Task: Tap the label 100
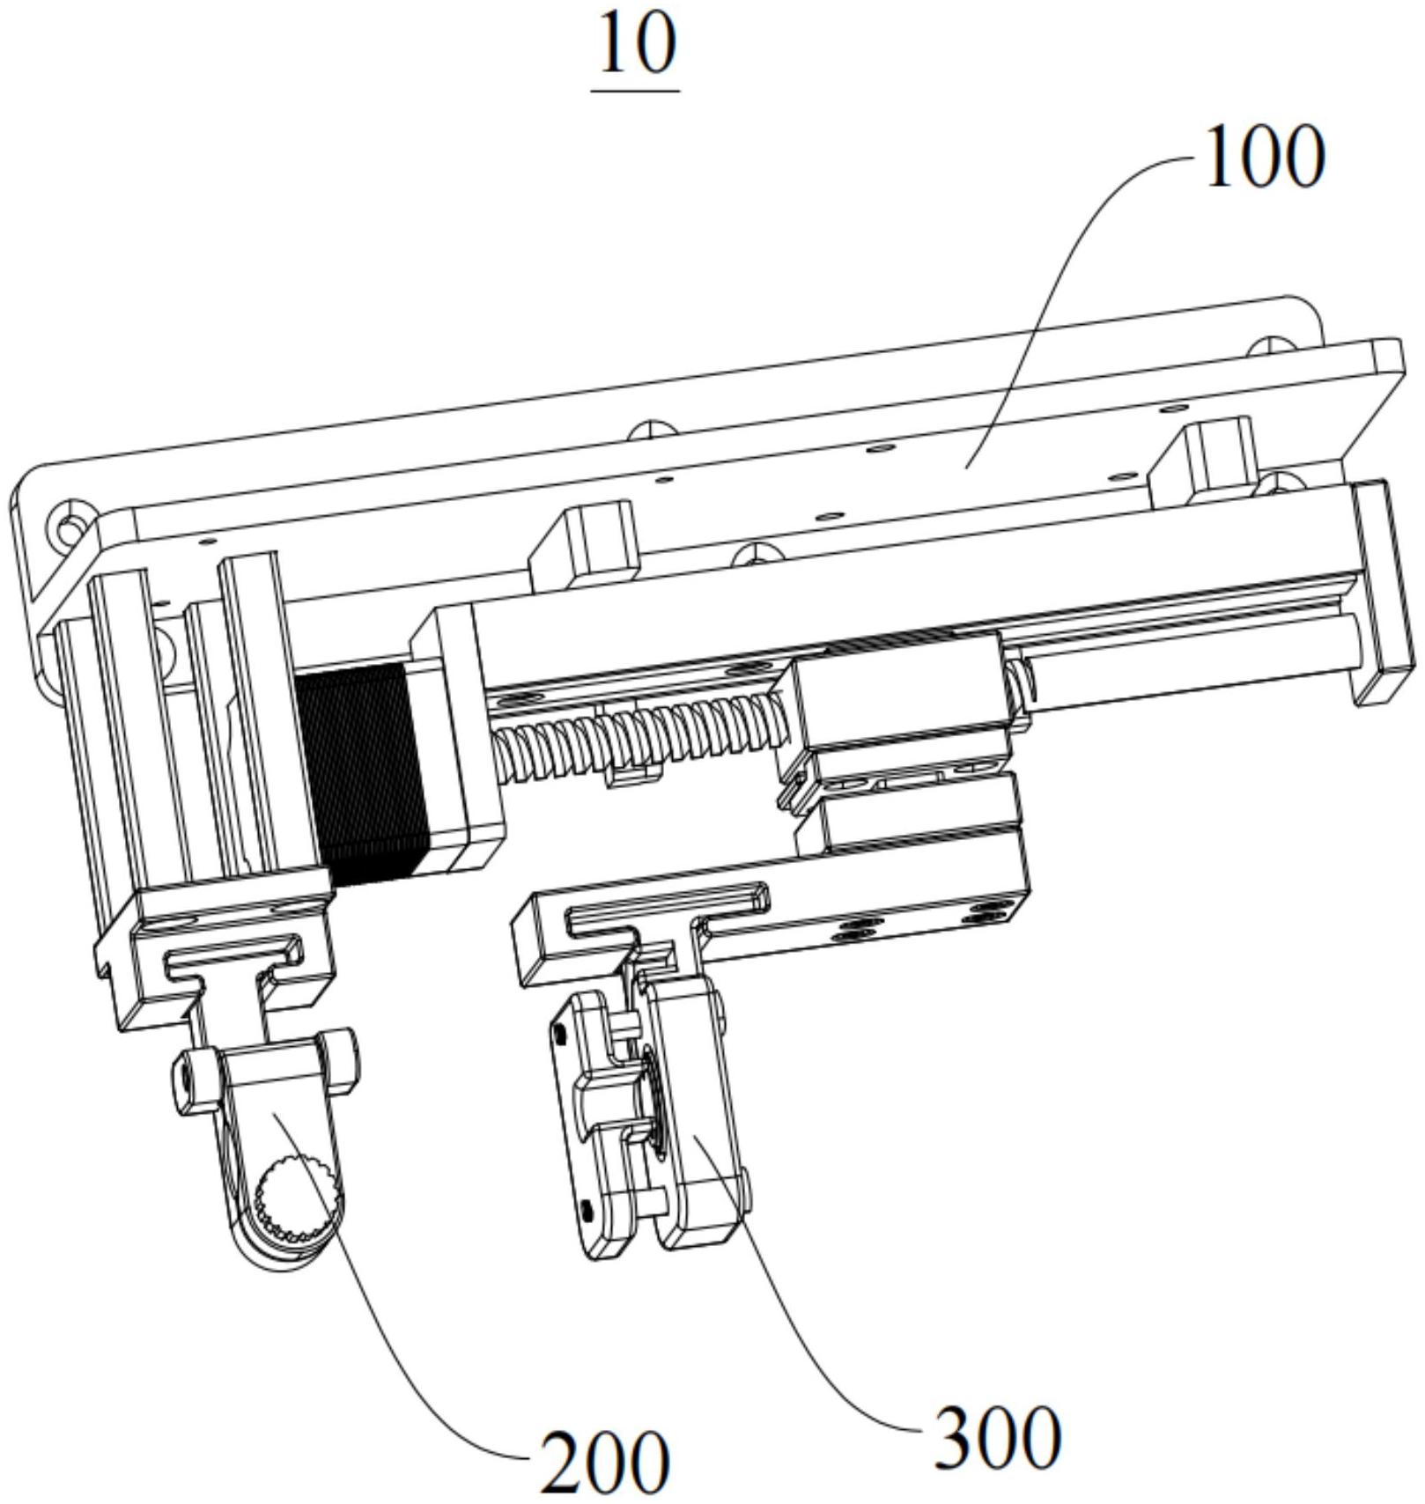point(1264,157)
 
